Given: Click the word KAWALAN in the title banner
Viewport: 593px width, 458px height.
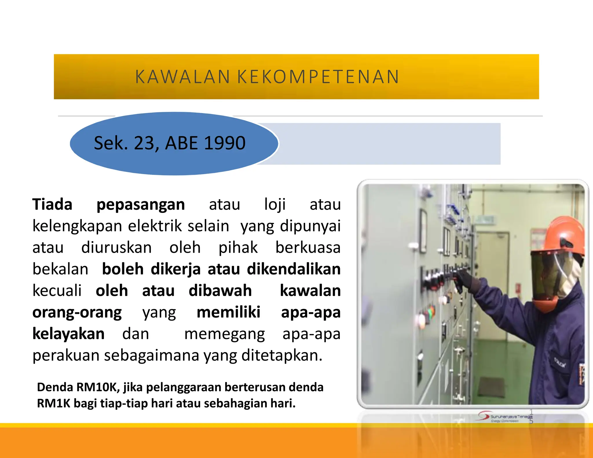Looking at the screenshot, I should pos(182,77).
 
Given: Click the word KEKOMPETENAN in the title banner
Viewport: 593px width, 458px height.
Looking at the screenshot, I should pos(318,77).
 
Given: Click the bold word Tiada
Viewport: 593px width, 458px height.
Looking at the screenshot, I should pos(52,204).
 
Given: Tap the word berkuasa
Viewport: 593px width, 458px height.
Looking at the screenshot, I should pos(308,248).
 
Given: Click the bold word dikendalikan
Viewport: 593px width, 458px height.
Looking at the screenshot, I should pos(294,269).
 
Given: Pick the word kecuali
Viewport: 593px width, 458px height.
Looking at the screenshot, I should pos(57,290).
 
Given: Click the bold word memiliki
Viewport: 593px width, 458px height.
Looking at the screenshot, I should pos(228,312).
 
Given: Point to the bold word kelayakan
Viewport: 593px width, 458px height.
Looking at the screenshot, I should pos(68,334).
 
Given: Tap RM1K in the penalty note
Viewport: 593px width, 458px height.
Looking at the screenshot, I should pos(54,403).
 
